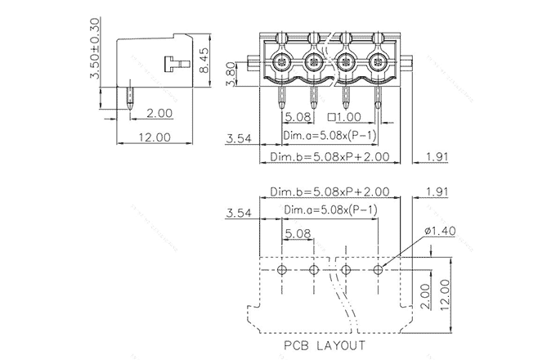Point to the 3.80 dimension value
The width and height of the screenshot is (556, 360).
pos(231,79)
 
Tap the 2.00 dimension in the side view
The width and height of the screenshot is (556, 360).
pos(159,114)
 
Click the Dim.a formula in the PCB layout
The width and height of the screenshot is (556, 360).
pos(330,210)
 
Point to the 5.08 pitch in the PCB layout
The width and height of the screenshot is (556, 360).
pos(298,233)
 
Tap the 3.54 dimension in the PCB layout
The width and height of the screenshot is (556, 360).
pos(237,213)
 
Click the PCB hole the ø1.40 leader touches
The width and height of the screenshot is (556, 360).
pos(379,269)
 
